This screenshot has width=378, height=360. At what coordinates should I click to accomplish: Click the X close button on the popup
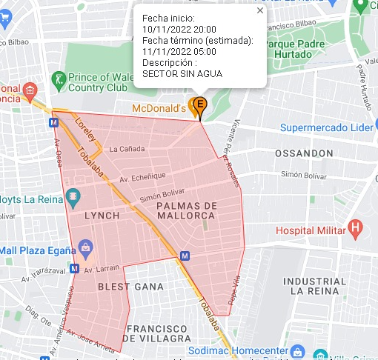click(x=259, y=11)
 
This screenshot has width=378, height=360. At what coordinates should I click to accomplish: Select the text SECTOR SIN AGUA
click(x=182, y=73)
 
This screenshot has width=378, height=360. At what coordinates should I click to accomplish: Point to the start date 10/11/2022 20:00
click(x=179, y=29)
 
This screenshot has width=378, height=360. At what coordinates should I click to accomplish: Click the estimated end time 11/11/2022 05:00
click(x=179, y=51)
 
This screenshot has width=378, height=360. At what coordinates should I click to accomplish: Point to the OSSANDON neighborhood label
click(x=304, y=153)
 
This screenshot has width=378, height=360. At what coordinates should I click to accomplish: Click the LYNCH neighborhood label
click(x=101, y=215)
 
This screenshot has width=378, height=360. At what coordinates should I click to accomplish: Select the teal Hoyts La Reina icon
click(x=73, y=198)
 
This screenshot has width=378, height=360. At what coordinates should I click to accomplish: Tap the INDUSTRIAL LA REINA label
click(x=314, y=286)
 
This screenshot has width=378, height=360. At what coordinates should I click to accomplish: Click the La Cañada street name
click(x=126, y=149)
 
